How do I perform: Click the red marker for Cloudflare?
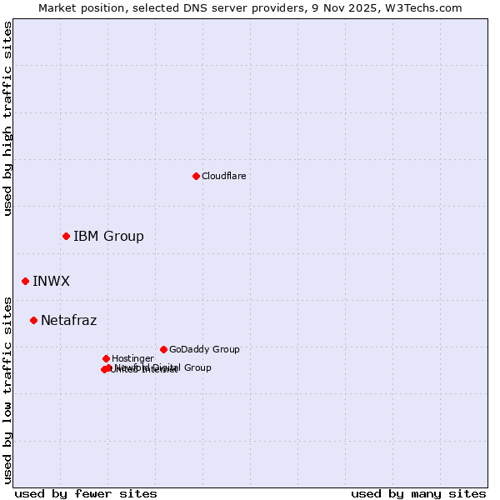pos(196,176)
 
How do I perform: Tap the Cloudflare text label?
pos(223,176)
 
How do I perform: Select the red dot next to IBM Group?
pos(66,236)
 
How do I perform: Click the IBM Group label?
pos(108,236)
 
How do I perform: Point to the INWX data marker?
pos(25,281)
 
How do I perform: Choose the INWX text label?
pos(51,281)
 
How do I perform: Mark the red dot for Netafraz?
pos(33,320)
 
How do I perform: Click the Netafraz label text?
pos(68,320)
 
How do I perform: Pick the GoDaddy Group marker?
pos(163,349)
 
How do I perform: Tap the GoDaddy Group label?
pos(204,349)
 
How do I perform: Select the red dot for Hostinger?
pos(106,358)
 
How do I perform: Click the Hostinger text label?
pos(132,358)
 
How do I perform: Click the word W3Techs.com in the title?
pos(427,7)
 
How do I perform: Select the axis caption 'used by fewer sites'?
pos(86,493)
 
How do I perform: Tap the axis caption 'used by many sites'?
pos(418,493)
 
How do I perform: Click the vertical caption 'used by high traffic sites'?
pos(7,118)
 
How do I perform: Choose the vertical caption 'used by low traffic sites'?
pos(7,389)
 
